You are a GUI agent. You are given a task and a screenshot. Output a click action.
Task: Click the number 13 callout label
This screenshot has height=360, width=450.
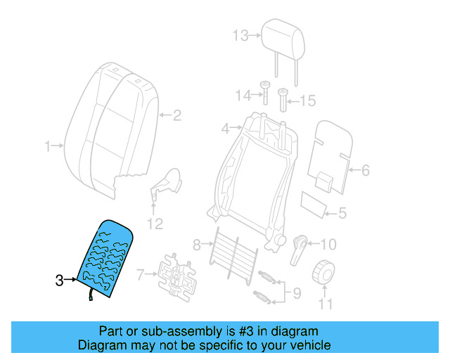point(240,35)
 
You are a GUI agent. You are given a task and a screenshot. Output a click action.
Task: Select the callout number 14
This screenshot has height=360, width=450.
point(243,95)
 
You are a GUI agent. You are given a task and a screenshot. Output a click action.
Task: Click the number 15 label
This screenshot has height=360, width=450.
point(308,101)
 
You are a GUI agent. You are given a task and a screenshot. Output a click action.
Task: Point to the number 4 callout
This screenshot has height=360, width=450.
point(225,129)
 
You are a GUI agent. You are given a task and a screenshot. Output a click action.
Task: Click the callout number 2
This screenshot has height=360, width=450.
point(177,115)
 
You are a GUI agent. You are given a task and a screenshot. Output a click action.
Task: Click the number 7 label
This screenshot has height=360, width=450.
point(141,274)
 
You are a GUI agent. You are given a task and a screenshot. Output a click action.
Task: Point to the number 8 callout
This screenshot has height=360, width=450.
point(197,245)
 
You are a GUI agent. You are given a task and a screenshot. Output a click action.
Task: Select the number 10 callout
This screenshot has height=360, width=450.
point(328,245)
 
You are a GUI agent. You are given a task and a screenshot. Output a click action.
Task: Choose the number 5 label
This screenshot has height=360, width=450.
point(342,212)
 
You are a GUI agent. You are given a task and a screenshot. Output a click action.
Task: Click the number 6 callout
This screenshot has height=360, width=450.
point(365,169)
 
